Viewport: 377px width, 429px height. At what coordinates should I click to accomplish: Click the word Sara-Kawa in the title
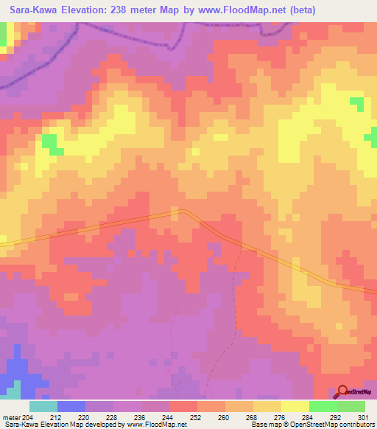tap(31, 11)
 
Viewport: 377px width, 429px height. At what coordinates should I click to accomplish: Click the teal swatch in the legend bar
tap(43, 406)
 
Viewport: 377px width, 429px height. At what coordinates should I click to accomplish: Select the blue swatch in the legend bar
tap(71, 406)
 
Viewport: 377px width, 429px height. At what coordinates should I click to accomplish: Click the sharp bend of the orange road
tap(185, 212)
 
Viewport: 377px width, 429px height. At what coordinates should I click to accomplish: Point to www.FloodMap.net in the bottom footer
tap(158, 424)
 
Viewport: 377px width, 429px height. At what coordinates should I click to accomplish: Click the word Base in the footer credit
tap(257, 424)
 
